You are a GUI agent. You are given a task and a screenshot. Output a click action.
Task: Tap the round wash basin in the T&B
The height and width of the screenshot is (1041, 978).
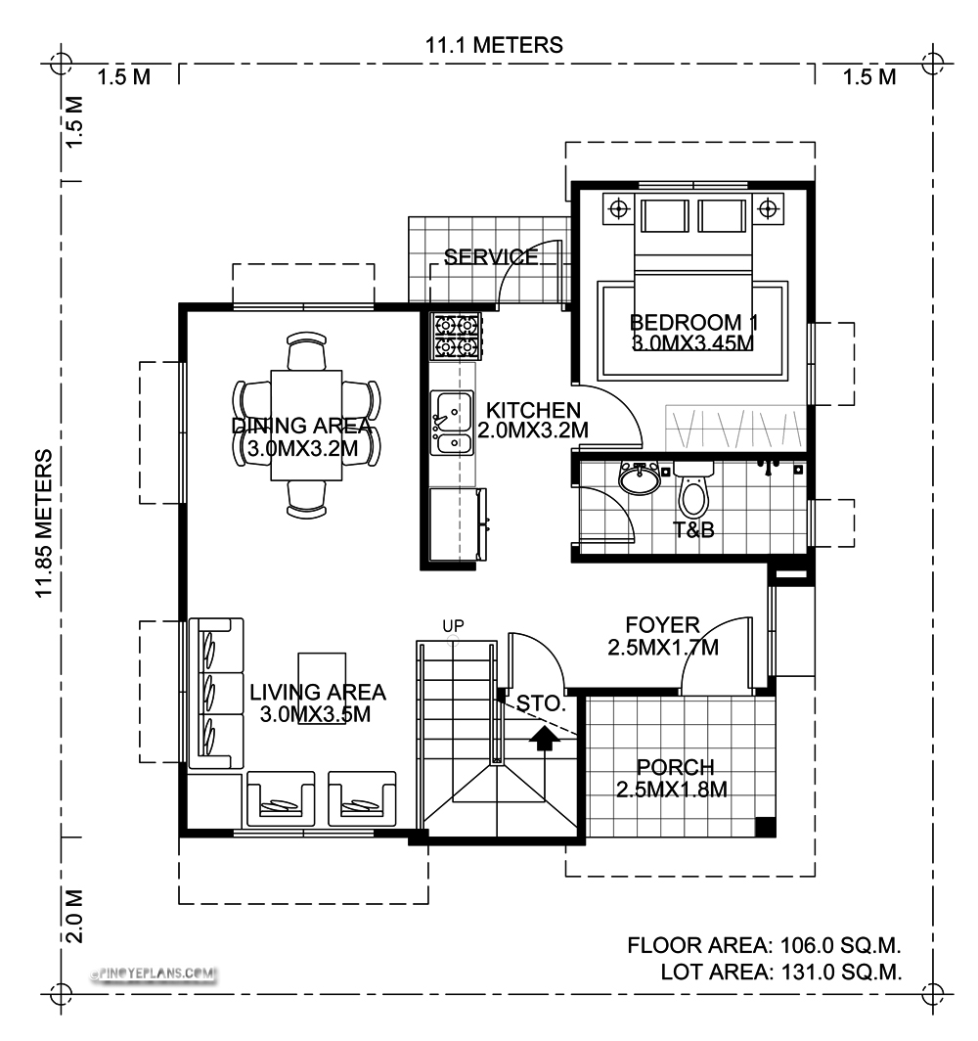[x=639, y=478]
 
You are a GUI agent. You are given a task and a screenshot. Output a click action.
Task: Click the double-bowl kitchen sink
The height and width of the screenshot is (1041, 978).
[x=452, y=423]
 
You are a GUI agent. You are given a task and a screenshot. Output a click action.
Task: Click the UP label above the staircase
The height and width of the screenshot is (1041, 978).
[x=453, y=625]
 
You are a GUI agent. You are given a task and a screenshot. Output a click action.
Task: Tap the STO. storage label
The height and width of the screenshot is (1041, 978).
[x=540, y=703]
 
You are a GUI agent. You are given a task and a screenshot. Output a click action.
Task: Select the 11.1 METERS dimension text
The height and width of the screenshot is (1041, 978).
[x=494, y=45]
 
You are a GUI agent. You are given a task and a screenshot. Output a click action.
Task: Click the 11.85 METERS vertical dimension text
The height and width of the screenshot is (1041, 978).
[x=44, y=523]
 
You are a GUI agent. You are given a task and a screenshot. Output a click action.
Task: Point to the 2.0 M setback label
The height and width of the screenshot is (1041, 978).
[x=73, y=916]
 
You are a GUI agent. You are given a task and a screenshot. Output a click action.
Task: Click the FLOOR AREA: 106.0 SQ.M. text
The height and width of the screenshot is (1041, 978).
[x=764, y=945]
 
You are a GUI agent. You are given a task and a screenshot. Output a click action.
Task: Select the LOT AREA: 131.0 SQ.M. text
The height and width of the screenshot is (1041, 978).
[x=781, y=972]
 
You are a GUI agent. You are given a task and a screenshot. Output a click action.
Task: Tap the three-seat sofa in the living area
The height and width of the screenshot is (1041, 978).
[x=216, y=693]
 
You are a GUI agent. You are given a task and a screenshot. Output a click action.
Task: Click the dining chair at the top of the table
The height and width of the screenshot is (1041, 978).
[x=306, y=350]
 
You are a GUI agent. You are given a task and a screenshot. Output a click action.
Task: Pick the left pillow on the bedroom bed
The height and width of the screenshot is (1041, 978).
[x=665, y=215]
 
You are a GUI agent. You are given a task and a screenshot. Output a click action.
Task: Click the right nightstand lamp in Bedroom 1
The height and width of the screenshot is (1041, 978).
[x=768, y=209]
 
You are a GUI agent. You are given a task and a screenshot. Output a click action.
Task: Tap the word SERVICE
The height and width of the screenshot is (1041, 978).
[x=491, y=256]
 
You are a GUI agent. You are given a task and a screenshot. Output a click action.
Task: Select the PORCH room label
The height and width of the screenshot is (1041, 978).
[x=675, y=767]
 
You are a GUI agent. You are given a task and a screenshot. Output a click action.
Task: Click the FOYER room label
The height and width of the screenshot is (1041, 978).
[x=662, y=625]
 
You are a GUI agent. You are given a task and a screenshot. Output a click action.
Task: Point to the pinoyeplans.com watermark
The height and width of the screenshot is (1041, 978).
[x=154, y=973]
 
